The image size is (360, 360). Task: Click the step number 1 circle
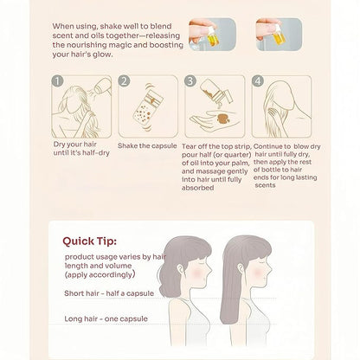[x=57, y=81]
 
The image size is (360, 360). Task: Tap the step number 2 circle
[x=124, y=81]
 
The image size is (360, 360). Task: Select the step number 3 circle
[x=190, y=81]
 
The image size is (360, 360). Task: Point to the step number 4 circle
[x=258, y=81]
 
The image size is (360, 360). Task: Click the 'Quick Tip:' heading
[x=90, y=241]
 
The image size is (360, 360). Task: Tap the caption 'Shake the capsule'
[x=147, y=145]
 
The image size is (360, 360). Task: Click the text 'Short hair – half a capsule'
[x=109, y=293]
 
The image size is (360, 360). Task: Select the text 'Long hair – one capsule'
[x=106, y=318]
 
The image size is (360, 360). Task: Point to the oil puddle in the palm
[x=223, y=118]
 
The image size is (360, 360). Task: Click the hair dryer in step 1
[x=102, y=86]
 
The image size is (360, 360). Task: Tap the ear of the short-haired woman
[x=181, y=269]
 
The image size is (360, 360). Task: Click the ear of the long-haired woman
[x=241, y=269]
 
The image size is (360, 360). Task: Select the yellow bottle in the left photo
[x=213, y=38]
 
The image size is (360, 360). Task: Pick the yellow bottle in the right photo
[x=280, y=35]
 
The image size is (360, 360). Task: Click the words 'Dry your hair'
[x=75, y=145]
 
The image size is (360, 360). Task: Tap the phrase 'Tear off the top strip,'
[x=216, y=146]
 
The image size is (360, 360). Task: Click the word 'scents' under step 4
[x=265, y=185]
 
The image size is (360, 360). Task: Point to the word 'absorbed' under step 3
[x=198, y=188]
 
